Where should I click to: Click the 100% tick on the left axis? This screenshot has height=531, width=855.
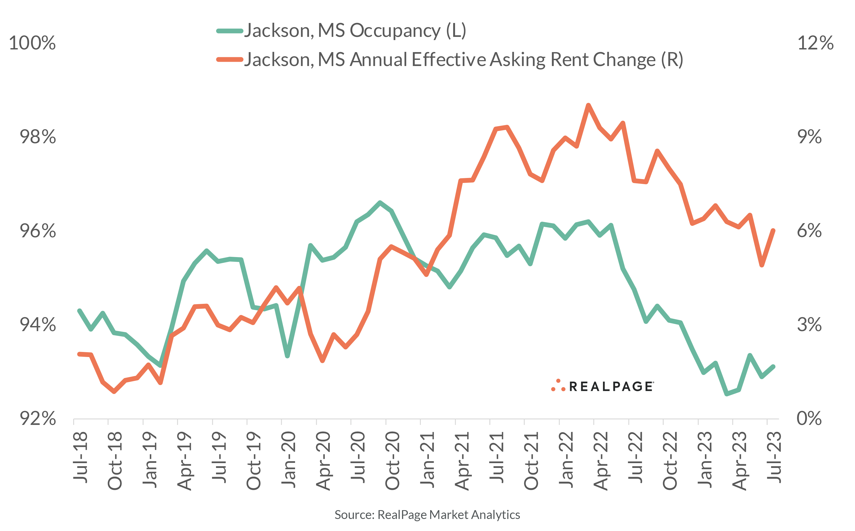(x=32, y=43)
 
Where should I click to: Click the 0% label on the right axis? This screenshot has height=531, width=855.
(x=809, y=418)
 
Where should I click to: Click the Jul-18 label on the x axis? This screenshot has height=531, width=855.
(x=80, y=457)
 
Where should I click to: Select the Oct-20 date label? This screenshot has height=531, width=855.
(x=393, y=460)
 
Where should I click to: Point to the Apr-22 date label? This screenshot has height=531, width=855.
(x=601, y=460)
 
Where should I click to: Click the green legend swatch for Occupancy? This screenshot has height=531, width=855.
(x=230, y=31)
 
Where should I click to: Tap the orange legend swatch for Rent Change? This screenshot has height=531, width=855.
(x=230, y=60)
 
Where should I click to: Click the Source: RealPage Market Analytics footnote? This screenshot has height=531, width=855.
(x=427, y=514)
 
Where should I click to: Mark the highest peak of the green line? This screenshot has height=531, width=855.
(x=380, y=202)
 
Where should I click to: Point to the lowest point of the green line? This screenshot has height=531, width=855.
(x=727, y=394)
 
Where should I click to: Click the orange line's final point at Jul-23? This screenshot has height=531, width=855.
(x=773, y=231)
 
